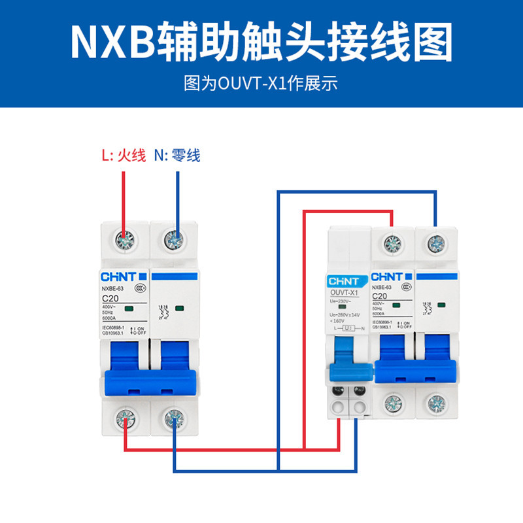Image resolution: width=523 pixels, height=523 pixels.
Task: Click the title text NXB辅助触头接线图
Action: point(261,42)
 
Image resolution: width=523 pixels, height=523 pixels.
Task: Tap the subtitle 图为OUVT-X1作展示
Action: point(261,84)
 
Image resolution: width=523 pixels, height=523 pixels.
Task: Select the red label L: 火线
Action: point(123,156)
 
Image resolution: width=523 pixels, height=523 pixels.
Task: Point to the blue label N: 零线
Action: point(177,156)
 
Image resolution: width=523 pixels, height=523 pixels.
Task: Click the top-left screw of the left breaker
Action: point(124,240)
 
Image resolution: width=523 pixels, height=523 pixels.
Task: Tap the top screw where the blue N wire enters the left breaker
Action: point(173,240)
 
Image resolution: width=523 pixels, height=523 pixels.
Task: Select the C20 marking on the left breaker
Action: point(110,297)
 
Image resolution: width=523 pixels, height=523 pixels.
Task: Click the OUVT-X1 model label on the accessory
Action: point(345,292)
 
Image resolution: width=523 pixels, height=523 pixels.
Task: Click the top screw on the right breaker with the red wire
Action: point(392,245)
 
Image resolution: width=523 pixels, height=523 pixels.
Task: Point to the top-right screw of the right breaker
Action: point(435,245)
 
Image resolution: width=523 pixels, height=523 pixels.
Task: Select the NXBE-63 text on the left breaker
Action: point(112,288)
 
